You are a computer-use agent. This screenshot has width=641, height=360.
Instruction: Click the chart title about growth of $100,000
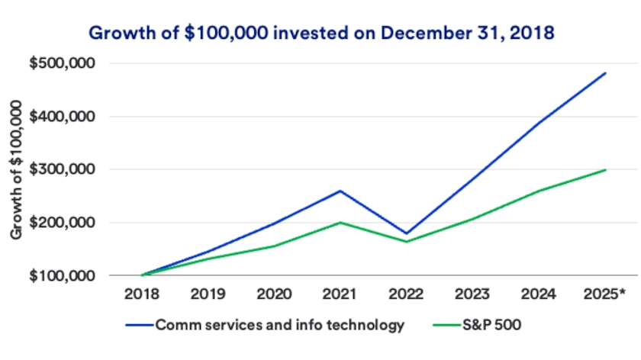click(320, 33)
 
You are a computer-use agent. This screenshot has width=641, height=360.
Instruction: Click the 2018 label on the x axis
click(141, 294)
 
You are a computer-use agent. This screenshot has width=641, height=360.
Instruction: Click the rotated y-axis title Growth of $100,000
click(17, 169)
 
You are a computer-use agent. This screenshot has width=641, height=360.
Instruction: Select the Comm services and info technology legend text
click(279, 325)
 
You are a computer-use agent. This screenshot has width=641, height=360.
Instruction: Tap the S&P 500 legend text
click(489, 325)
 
